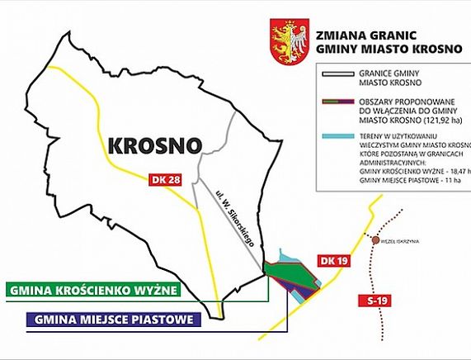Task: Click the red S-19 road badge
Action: [376, 301]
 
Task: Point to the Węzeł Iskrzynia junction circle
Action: [377, 240]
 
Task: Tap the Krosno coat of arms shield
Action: [287, 41]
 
